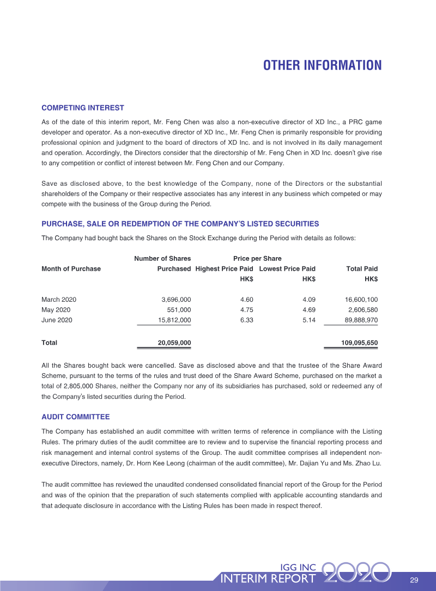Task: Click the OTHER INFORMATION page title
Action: coord(322,65)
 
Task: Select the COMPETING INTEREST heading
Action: coord(83,108)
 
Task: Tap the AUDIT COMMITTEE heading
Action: coord(76,417)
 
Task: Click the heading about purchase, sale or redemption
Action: coord(180,224)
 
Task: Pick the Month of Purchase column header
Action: coord(71,269)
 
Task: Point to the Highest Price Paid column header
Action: coord(223,269)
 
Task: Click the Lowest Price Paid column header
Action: coord(287,269)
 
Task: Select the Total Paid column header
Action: coord(362,269)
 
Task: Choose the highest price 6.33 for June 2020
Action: coord(246,320)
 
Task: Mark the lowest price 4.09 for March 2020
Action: coord(309,300)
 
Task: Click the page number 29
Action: coord(414,579)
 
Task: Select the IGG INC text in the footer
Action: coord(298,567)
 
